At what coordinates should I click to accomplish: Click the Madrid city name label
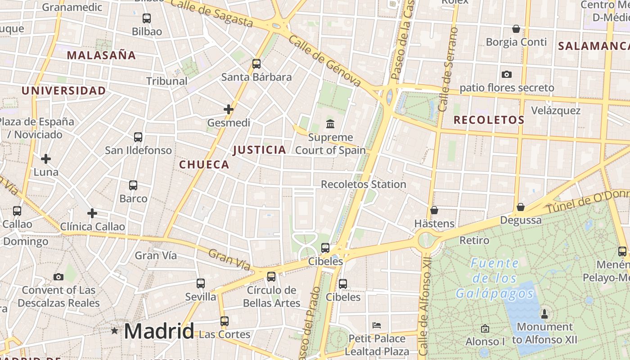(159, 331)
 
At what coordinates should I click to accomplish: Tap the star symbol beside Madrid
(115, 331)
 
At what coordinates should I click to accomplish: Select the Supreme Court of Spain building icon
(330, 123)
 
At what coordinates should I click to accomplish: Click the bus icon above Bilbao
(146, 18)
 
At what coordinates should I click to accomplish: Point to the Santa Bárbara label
(256, 77)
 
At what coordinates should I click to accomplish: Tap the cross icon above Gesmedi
(229, 109)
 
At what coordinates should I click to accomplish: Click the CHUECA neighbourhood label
(204, 165)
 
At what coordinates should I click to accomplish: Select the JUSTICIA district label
(260, 150)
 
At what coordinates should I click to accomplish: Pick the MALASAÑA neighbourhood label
(101, 55)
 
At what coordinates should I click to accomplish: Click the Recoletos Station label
(363, 184)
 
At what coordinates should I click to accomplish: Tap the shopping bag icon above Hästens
(434, 210)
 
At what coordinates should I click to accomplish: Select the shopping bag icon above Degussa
(521, 207)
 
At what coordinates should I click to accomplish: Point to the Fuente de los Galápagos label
(495, 278)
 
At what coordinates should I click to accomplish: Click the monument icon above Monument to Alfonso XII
(544, 314)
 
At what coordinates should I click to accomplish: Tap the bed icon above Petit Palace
(377, 325)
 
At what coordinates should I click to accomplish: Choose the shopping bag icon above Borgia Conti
(516, 29)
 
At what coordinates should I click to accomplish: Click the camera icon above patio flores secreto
(507, 74)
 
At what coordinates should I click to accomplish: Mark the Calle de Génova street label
(325, 61)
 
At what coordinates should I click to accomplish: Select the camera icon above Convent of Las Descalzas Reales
(58, 277)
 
